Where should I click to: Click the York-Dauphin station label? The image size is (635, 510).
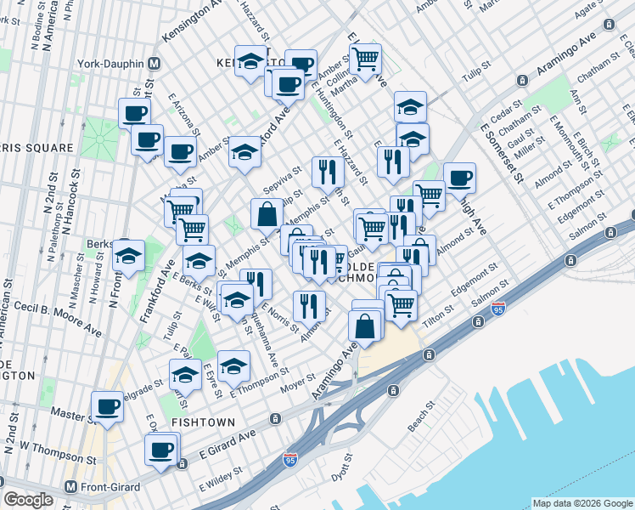(x=105, y=63)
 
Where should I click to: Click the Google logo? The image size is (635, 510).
(x=28, y=500)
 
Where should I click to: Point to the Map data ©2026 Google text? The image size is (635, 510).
(x=582, y=503)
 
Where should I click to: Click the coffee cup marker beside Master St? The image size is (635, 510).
(x=108, y=406)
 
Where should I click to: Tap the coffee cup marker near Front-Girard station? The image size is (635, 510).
(x=160, y=449)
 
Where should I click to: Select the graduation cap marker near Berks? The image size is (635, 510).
(x=128, y=255)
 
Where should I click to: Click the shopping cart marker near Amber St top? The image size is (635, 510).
(x=365, y=59)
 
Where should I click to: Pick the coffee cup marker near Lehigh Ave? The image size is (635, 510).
(x=459, y=177)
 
